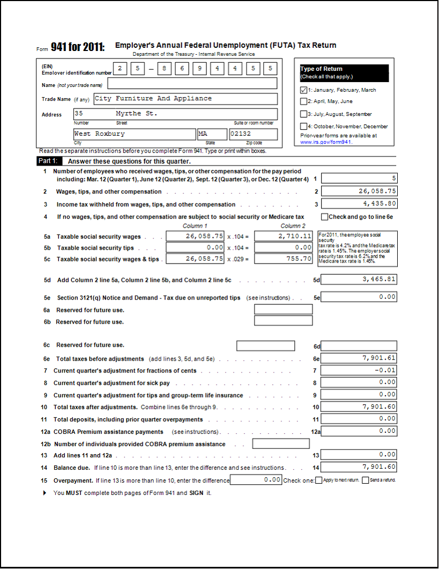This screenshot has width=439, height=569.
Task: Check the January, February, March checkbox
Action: click(304, 90)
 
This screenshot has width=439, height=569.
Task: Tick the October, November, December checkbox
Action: click(304, 126)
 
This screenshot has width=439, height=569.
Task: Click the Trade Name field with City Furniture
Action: click(185, 99)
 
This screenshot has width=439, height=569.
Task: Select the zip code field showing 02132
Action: click(253, 134)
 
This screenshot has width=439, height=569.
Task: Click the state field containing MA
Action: click(212, 134)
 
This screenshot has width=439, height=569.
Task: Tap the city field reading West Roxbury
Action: click(134, 134)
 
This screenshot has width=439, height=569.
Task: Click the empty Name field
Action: click(192, 83)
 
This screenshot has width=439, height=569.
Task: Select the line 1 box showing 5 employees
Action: click(359, 178)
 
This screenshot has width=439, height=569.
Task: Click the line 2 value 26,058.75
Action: click(359, 191)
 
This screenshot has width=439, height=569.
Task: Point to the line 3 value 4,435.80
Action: click(359, 204)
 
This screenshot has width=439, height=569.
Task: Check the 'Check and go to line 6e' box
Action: click(324, 217)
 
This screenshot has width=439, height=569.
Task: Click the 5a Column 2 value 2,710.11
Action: click(284, 236)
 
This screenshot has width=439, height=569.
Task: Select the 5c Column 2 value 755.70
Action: click(284, 259)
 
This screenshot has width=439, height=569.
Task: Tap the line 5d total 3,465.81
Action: click(359, 279)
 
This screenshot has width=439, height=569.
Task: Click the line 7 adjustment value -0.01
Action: click(359, 370)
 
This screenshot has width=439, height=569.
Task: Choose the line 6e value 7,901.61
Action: click(359, 358)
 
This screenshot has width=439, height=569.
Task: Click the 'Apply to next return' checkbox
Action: click(319, 480)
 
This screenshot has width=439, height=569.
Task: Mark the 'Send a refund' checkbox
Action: click(366, 480)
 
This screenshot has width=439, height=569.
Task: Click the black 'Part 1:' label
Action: click(50, 161)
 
